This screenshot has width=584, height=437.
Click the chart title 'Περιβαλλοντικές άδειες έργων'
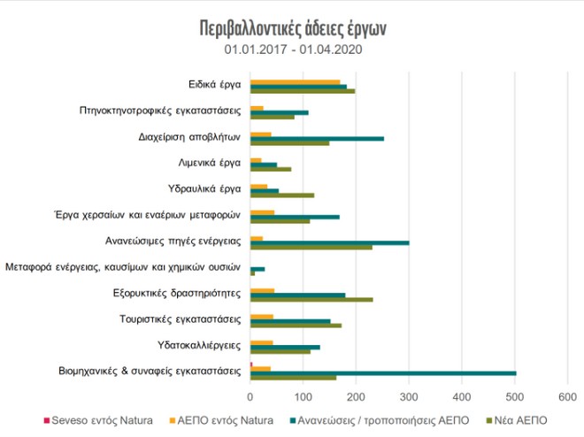point(293,27)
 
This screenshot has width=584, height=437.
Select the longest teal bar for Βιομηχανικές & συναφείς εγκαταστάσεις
point(383,372)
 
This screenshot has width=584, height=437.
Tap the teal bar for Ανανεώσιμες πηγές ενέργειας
point(330,241)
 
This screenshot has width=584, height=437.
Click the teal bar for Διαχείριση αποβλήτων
point(317,138)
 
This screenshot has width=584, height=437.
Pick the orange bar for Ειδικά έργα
point(296,81)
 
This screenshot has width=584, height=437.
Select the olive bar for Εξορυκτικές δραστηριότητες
point(311,300)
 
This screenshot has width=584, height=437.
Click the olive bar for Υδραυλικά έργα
point(282,195)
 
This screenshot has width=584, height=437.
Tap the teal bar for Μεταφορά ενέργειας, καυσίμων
point(257,268)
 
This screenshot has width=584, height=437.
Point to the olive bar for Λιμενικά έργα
point(271,169)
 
